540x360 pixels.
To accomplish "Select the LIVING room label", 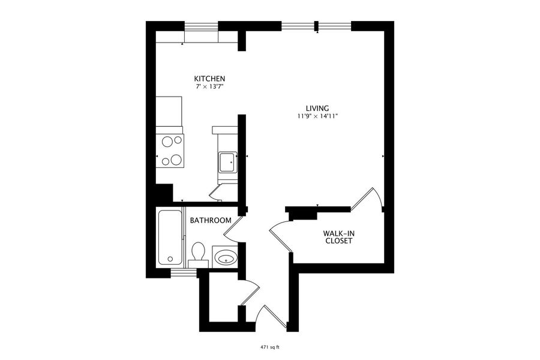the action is [x=317, y=108].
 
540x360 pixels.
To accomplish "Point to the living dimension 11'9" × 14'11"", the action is [x=317, y=116].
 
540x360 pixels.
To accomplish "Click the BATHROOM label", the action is [x=211, y=220].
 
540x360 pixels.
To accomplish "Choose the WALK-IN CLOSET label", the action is [x=339, y=238].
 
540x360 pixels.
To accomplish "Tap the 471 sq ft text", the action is [x=271, y=347].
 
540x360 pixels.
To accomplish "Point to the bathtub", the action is [x=170, y=238].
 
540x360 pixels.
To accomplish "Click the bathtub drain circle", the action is [x=170, y=259].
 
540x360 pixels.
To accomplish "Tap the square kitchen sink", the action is [x=227, y=162].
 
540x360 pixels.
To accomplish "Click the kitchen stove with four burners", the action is [x=170, y=151].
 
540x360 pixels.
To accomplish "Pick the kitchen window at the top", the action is [x=202, y=26].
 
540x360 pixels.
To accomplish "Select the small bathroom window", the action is [x=184, y=273].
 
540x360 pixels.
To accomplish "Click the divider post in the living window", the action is [x=316, y=26].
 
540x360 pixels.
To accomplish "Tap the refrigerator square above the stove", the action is [x=169, y=111].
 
